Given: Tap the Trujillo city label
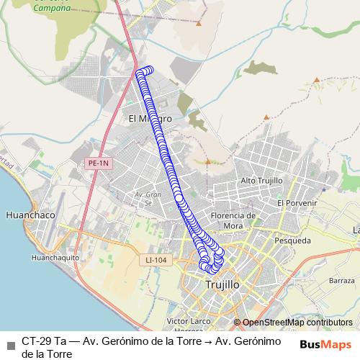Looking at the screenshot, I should pyautogui.click(x=222, y=284).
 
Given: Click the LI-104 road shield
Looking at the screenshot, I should pyautogui.click(x=155, y=258).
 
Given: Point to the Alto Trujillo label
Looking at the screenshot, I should pyautogui.click(x=261, y=180).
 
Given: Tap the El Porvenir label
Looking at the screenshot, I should pyautogui.click(x=297, y=203).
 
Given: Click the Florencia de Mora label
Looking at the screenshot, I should pyautogui.click(x=233, y=220).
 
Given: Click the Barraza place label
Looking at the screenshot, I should pyautogui.click(x=342, y=279).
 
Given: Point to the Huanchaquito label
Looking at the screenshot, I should pyautogui.click(x=55, y=257).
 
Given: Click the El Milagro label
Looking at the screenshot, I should pyautogui.click(x=149, y=118).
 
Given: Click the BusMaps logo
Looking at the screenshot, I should pyautogui.click(x=326, y=343).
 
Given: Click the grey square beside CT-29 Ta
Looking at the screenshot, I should pyautogui.click(x=11, y=343).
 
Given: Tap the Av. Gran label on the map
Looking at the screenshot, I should pyautogui.click(x=147, y=194).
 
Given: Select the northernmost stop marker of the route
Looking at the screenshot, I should pyautogui.click(x=149, y=70).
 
